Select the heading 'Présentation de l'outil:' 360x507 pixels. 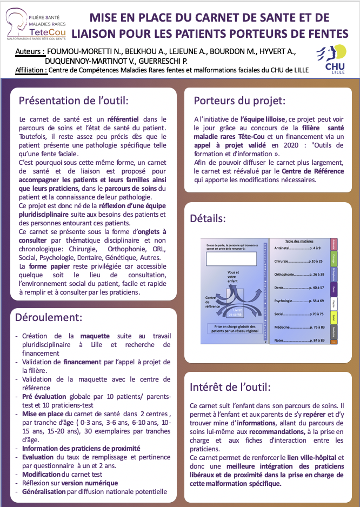pos(74,101)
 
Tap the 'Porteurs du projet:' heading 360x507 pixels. pos(239,101)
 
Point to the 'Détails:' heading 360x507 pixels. pos(208,218)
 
